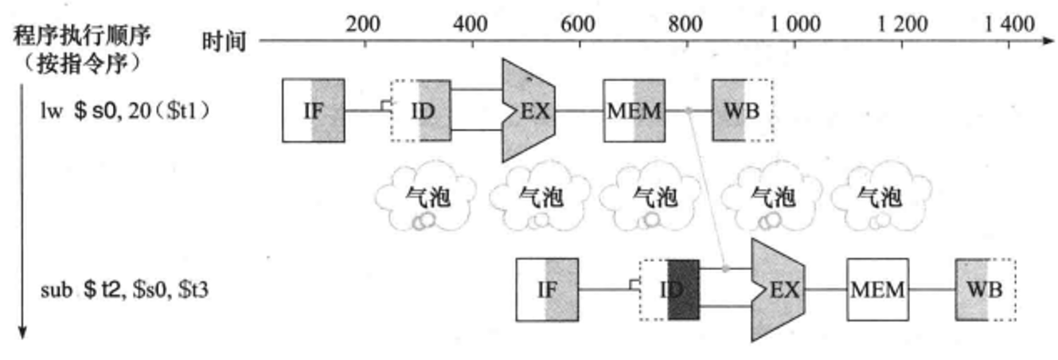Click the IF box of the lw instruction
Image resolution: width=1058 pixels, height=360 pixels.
tap(314, 110)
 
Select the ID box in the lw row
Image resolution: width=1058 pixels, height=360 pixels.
tap(420, 110)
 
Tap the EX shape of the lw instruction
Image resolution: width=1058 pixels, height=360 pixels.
tap(528, 110)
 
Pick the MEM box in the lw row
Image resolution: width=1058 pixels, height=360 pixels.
tap(634, 110)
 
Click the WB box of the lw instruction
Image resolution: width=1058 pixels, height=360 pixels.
tap(742, 110)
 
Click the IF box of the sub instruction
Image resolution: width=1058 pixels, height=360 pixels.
tap(548, 289)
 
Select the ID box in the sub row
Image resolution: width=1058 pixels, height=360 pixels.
tap(669, 289)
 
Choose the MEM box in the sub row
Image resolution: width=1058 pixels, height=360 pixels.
tap(877, 289)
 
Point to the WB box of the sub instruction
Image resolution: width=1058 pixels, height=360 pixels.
tap(985, 289)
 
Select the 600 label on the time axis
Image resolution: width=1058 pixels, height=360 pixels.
tap(577, 23)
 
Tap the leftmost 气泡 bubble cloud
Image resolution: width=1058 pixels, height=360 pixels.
tap(425, 199)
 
